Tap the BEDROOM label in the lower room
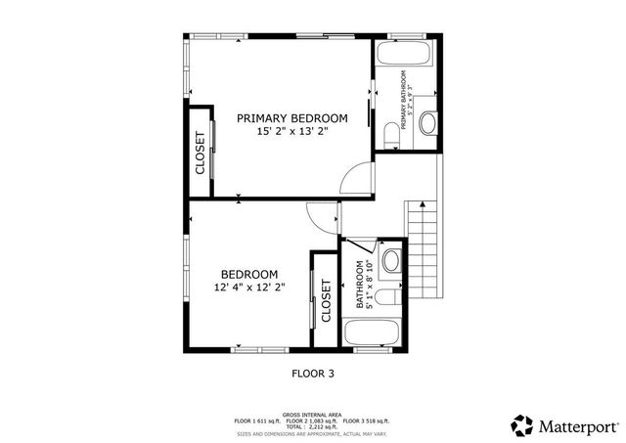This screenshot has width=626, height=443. click(248, 274)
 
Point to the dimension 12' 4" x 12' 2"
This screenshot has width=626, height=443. click(248, 288)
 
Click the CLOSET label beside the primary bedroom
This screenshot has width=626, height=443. click(201, 152)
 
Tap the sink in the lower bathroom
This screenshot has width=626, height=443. click(391, 260)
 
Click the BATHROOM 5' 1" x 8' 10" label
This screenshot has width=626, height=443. click(364, 286)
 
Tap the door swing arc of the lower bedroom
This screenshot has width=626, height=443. click(320, 217)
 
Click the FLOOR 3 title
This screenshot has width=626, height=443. click(313, 373)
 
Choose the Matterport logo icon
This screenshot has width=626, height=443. click(522, 425)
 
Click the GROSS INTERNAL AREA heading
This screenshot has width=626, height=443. click(312, 415)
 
